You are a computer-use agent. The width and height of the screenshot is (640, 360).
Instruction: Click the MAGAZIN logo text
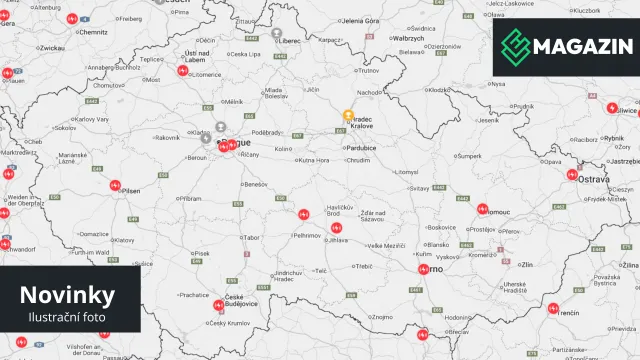click(581, 46)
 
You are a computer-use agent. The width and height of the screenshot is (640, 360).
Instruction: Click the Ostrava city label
click(594, 177)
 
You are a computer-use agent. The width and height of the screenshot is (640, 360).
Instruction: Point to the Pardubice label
click(361, 147)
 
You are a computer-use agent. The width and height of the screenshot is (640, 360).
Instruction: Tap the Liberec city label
click(291, 41)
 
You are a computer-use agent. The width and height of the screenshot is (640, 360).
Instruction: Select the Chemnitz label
click(94, 31)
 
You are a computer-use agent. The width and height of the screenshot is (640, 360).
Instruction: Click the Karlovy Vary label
click(90, 119)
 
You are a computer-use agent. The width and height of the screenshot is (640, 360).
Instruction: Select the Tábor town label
click(250, 237)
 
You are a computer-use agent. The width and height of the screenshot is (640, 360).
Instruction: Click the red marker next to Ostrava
click(572, 175)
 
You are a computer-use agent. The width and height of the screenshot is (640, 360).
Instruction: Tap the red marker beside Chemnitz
click(72, 19)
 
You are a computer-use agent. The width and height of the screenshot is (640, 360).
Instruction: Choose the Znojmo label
click(382, 316)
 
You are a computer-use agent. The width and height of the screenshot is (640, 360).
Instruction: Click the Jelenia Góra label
click(360, 20)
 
